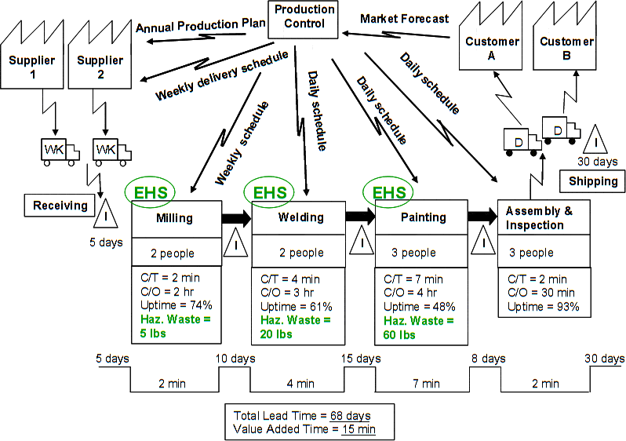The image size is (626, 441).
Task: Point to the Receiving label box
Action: [60, 206]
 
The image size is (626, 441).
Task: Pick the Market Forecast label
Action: [405, 18]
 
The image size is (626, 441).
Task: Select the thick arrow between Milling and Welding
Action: [235, 217]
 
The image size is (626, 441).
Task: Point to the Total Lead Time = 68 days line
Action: [302, 415]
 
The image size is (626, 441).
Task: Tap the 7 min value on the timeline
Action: [426, 384]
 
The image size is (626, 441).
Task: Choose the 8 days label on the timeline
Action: [487, 359]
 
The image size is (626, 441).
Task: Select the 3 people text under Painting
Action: [413, 253]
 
